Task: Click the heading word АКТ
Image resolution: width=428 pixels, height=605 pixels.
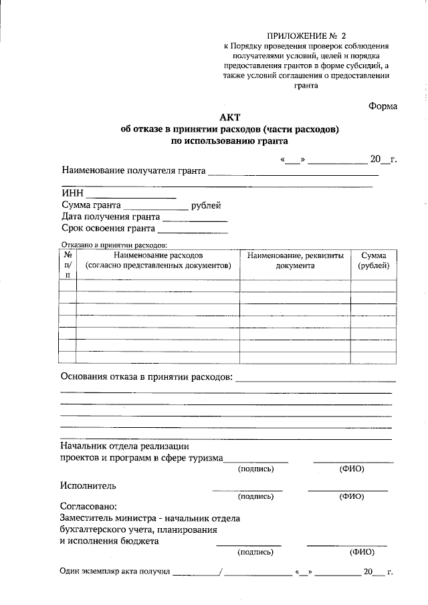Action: (x=229, y=117)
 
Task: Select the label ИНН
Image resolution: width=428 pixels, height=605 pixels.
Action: (x=72, y=194)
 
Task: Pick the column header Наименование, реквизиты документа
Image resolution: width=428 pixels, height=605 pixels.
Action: (x=295, y=261)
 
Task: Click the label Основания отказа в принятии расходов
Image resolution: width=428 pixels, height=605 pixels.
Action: (x=146, y=377)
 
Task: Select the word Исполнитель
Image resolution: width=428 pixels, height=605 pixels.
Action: (x=88, y=485)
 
